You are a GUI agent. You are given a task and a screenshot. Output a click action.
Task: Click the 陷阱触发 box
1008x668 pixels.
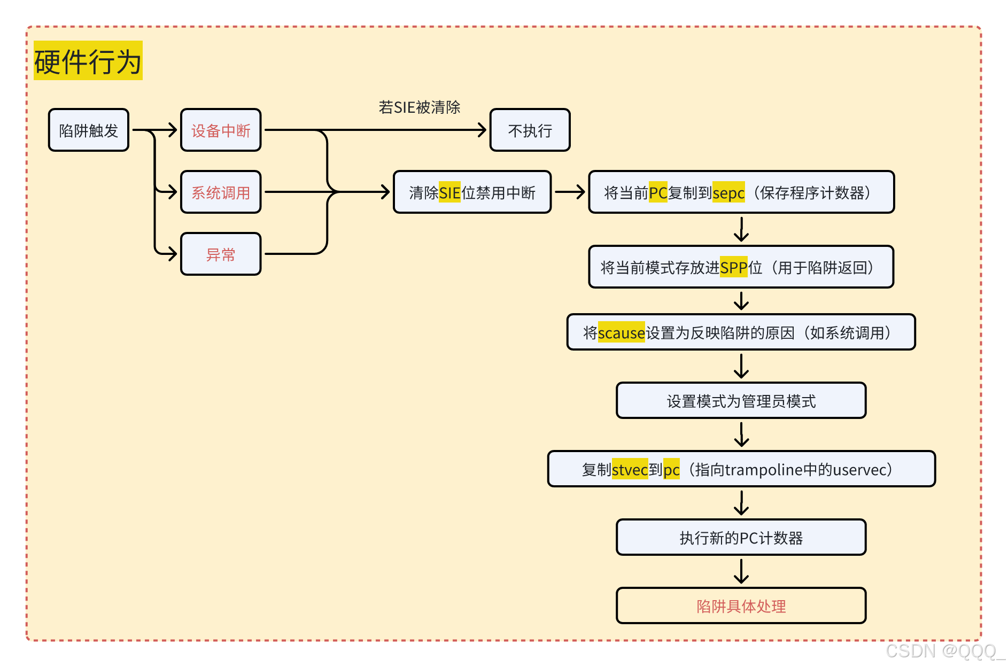pos(88,130)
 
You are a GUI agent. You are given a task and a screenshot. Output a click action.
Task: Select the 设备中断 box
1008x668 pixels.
pos(221,130)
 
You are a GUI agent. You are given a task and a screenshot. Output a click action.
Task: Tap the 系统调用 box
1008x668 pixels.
pos(221,192)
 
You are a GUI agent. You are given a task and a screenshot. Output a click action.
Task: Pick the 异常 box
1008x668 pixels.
pos(221,254)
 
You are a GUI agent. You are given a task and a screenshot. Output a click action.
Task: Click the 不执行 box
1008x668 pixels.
pos(530,130)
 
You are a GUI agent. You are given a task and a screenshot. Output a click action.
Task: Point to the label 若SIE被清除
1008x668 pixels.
pos(419,107)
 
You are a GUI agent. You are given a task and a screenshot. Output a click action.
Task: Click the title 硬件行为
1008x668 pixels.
pos(88,61)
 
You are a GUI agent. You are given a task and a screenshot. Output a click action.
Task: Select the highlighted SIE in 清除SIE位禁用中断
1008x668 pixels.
pos(449,192)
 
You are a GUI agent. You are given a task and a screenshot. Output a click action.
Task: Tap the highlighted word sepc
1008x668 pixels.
pos(728,193)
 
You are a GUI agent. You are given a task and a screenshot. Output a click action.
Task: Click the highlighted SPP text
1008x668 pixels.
pos(733,267)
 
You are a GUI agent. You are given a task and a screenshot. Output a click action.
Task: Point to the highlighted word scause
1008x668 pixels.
pos(621,333)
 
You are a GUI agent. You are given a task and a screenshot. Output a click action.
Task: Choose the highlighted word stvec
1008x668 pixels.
pos(630,470)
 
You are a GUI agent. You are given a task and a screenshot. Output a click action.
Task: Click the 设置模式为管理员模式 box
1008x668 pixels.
pos(741,401)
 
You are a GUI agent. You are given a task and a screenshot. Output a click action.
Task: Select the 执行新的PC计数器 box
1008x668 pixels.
pos(741,538)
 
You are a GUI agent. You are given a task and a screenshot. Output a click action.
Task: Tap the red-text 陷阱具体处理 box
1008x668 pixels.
pos(741,606)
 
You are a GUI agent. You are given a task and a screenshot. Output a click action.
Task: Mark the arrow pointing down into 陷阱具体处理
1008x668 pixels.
pos(741,571)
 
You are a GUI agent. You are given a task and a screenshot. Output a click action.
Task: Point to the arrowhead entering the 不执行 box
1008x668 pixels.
pos(482,130)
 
